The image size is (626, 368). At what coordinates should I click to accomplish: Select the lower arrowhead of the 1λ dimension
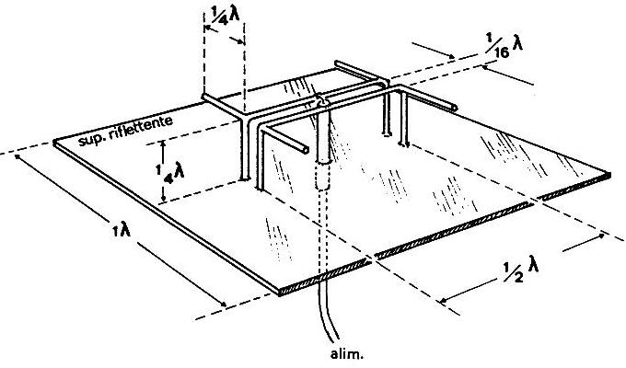(x=224, y=305)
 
